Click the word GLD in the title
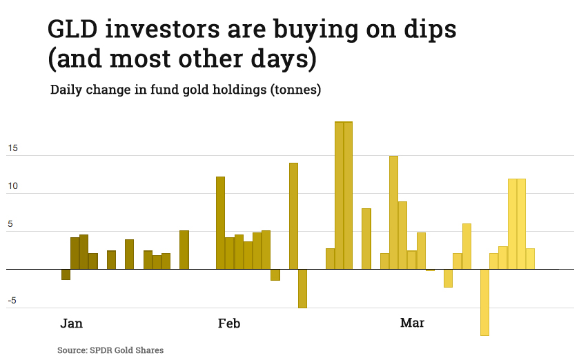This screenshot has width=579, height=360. (x=76, y=30)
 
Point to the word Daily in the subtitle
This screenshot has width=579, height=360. (x=68, y=90)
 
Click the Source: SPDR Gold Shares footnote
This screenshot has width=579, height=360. (x=110, y=350)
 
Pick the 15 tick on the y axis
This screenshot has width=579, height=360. (x=13, y=148)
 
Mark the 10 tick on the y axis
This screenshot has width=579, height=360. (x=13, y=186)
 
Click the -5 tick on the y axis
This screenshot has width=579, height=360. (x=13, y=300)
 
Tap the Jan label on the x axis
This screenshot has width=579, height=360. (x=72, y=323)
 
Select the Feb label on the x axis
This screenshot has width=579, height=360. (x=229, y=323)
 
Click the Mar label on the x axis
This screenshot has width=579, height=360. (x=413, y=323)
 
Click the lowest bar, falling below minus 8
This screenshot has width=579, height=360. (x=484, y=301)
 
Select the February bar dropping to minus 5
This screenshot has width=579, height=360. (x=302, y=288)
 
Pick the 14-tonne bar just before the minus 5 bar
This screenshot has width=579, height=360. (x=293, y=216)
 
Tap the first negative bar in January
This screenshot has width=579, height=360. (x=66, y=274)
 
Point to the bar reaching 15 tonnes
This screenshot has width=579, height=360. (x=393, y=212)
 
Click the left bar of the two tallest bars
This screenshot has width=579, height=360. (x=339, y=195)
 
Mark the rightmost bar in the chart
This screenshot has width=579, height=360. (x=530, y=259)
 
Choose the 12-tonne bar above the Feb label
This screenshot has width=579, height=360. (x=220, y=223)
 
